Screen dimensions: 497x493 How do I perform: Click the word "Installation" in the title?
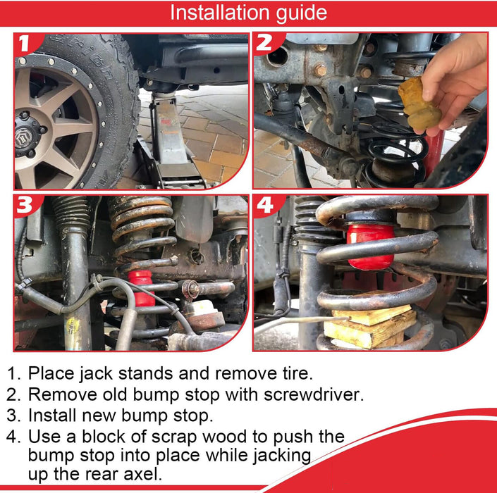coord(220,13)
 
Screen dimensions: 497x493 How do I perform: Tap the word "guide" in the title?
coord(302,14)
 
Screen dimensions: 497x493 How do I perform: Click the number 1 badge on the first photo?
coord(25,43)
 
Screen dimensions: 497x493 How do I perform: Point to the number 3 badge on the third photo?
coord(25,205)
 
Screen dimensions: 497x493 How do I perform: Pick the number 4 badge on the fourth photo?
coord(265,205)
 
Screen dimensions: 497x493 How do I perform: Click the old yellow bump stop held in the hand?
coord(418,104)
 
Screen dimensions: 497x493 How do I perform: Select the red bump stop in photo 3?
coord(142,288)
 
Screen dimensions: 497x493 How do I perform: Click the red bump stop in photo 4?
coord(370,246)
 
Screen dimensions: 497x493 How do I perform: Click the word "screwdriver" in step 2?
coord(314,394)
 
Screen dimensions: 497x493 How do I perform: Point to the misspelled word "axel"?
coord(145,474)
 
